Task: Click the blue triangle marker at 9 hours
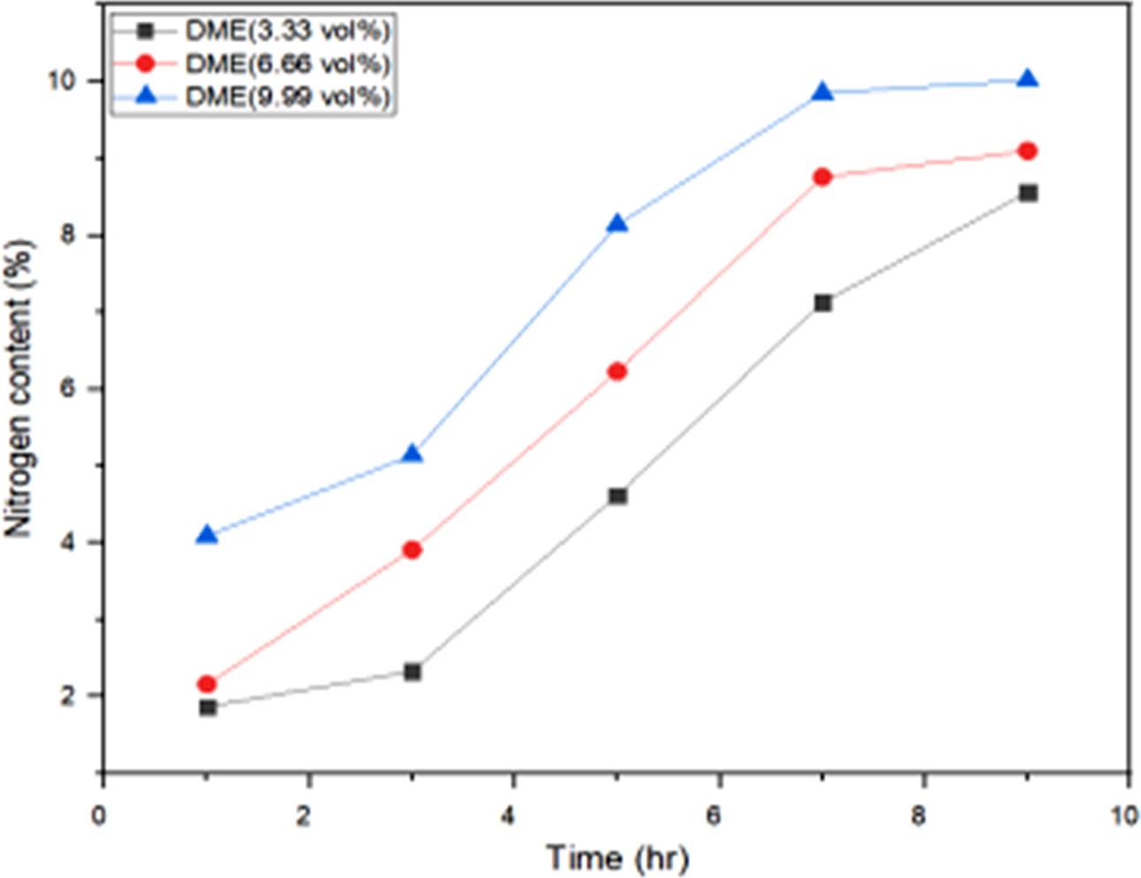coord(1027,80)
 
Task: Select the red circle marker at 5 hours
coord(617,371)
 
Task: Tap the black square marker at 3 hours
coord(412,672)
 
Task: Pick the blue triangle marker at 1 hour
coord(207,535)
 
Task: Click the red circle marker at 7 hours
coord(822,177)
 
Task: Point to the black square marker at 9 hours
coord(1027,193)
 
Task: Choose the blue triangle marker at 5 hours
coord(617,224)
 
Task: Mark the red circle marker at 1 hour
coord(207,683)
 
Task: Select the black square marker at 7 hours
coord(822,303)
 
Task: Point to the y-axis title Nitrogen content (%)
coord(19,389)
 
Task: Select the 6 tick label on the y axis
coord(71,389)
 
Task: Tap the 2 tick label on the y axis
coord(71,696)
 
